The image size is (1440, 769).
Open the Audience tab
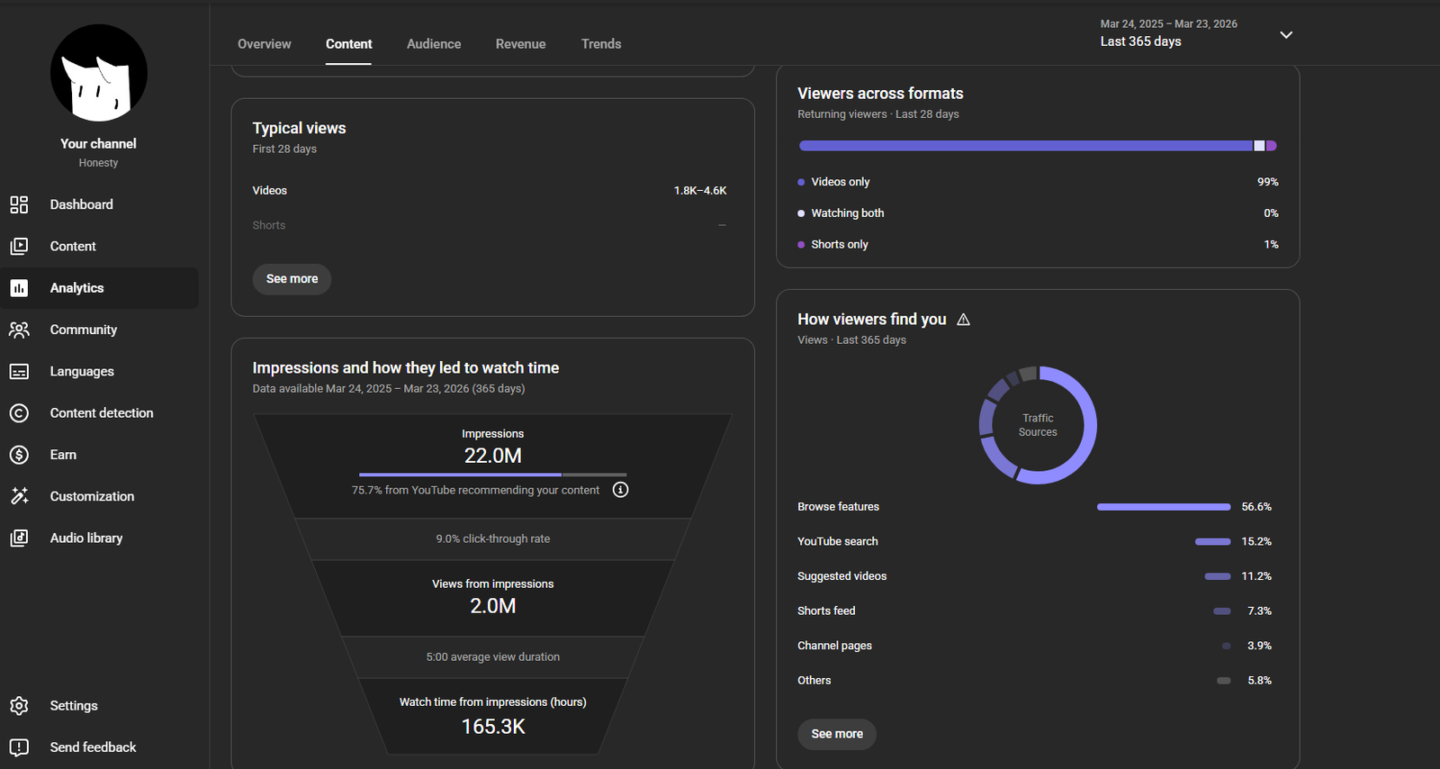coord(434,44)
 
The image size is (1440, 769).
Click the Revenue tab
coord(521,44)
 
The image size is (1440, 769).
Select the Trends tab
coord(601,44)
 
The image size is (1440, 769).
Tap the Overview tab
coord(265,44)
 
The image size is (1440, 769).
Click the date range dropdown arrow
coord(1286,35)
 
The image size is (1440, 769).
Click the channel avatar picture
coord(98,73)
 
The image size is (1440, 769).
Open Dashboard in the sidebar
coord(81,204)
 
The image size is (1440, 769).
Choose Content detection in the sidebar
coord(102,412)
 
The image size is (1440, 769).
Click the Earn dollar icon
coord(19,455)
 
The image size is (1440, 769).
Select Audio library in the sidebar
coord(86,538)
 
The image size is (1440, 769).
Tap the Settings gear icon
coord(19,705)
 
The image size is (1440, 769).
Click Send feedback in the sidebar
coord(94,747)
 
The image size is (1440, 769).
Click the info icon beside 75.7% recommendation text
coord(620,490)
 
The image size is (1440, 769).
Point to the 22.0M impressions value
coord(493,456)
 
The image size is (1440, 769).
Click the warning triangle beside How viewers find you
coord(963,320)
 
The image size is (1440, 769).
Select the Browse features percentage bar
coord(1164,507)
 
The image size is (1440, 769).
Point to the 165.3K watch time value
coord(493,727)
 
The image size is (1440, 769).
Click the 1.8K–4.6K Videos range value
coord(700,190)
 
